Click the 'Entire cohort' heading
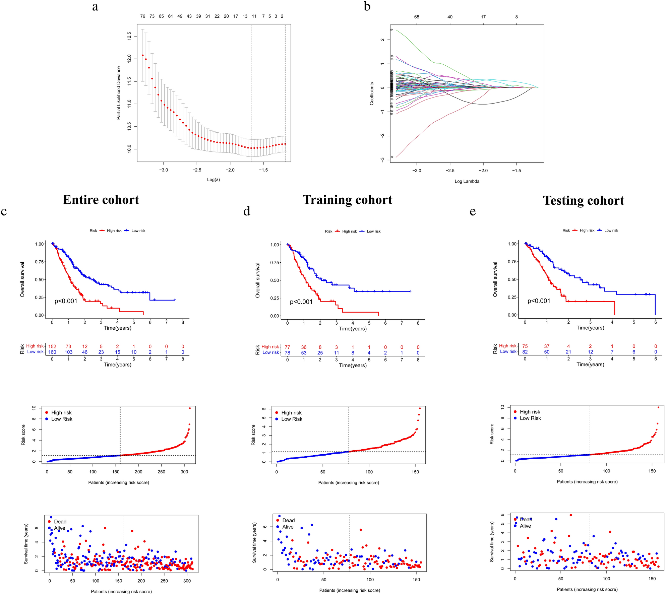[101, 200]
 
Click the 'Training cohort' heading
[347, 200]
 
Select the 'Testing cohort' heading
[583, 201]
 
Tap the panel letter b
[367, 6]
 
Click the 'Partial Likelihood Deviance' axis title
[119, 93]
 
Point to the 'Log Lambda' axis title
[467, 181]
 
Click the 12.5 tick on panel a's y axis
[129, 36]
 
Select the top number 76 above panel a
[143, 16]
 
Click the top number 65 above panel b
[416, 17]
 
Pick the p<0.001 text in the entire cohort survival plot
[66, 301]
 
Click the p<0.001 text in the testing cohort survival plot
[539, 301]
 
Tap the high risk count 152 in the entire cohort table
[52, 346]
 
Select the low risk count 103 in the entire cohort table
[68, 352]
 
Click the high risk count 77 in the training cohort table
[287, 347]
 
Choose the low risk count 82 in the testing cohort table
[525, 352]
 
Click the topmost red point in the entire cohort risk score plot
[190, 408]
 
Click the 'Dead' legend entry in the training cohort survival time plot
[288, 520]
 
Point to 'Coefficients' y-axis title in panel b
[371, 93]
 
